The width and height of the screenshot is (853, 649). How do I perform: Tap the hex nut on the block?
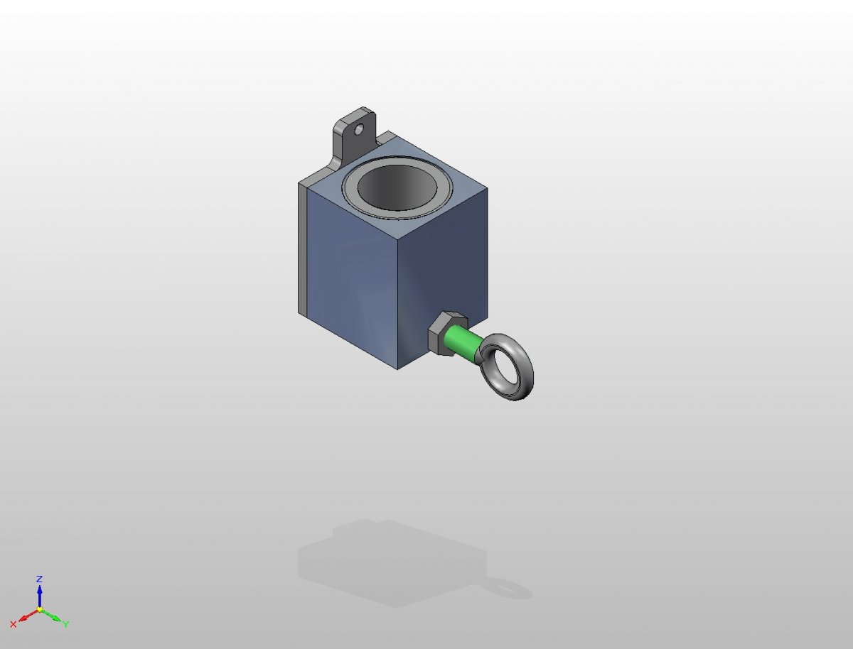click(447, 332)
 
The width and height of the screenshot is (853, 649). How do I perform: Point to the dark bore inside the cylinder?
click(397, 186)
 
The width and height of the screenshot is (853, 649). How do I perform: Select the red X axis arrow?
click(28, 615)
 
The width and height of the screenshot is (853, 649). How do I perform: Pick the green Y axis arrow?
click(50, 615)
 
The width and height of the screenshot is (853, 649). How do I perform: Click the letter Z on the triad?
click(39, 579)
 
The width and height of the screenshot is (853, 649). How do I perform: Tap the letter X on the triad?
click(14, 624)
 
